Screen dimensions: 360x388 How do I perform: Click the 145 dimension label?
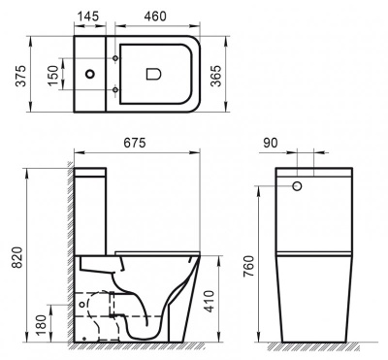(90, 16)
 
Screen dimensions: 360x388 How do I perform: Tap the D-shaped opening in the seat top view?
(153, 72)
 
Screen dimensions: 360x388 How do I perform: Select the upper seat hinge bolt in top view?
(115, 59)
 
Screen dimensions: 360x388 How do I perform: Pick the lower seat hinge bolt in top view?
(115, 90)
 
